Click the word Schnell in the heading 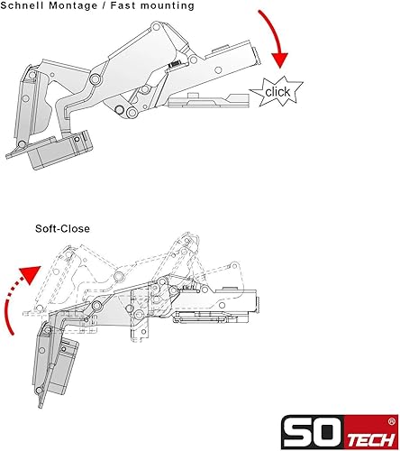[22, 5]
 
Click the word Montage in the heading [73, 5]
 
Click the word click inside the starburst [277, 92]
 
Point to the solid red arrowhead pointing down [279, 60]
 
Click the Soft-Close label [62, 228]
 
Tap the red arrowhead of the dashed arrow [31, 274]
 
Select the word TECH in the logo [371, 441]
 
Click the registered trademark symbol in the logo [391, 422]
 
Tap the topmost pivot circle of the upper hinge [156, 27]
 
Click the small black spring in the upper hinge [175, 64]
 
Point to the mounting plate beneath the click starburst [208, 101]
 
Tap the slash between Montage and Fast [104, 5]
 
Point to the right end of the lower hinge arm [257, 305]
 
